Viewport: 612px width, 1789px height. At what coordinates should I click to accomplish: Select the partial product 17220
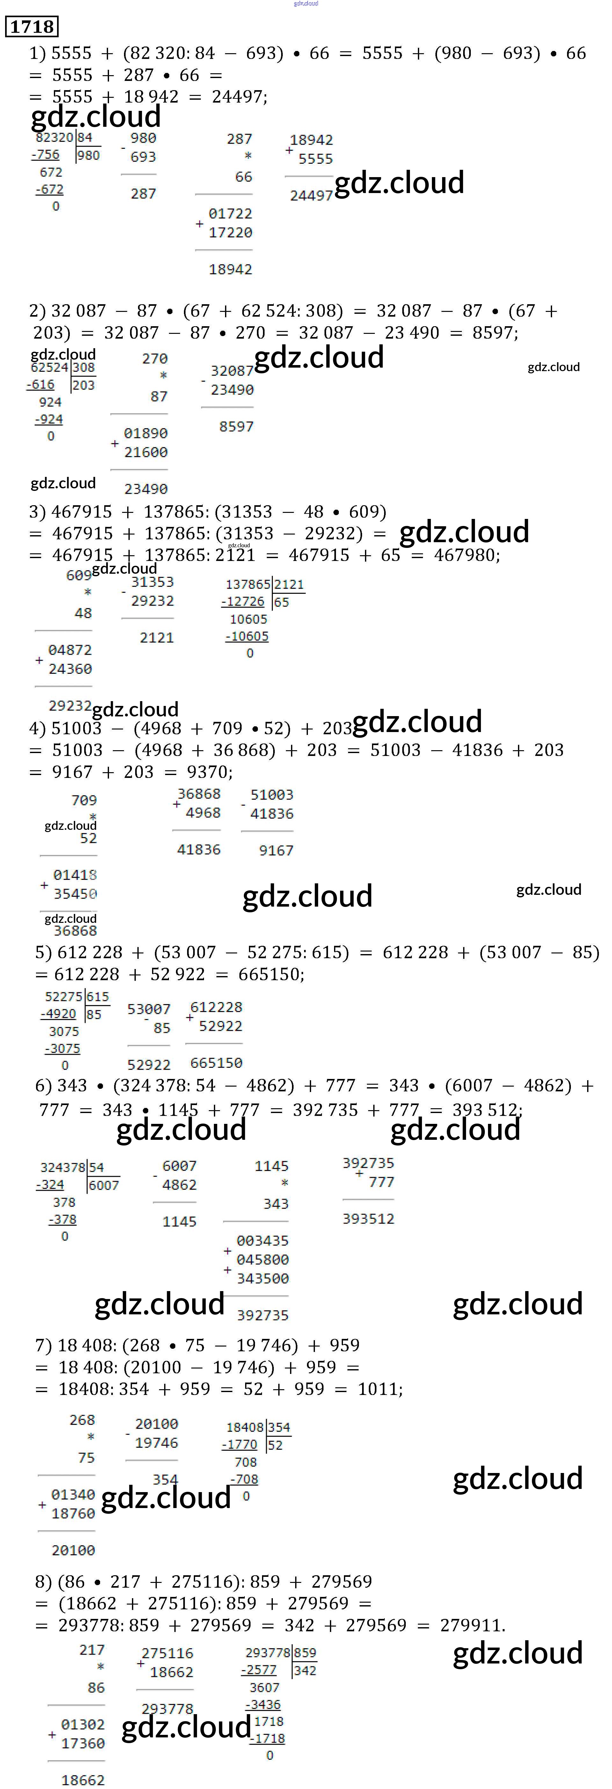pyautogui.click(x=230, y=233)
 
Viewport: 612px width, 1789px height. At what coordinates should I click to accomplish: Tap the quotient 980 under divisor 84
pyautogui.click(x=88, y=155)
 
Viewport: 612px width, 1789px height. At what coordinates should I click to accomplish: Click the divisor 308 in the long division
pyautogui.click(x=84, y=367)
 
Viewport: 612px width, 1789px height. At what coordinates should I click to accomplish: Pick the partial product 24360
pyautogui.click(x=69, y=669)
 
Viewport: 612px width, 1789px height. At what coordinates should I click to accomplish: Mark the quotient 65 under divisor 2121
pyautogui.click(x=281, y=602)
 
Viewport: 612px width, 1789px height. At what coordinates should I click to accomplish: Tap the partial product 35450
pyautogui.click(x=75, y=894)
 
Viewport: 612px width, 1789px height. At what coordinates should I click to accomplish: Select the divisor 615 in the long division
pyautogui.click(x=97, y=996)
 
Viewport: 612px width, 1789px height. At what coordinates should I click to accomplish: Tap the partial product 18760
pyautogui.click(x=73, y=1513)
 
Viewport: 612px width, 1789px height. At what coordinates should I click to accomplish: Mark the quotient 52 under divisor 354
pyautogui.click(x=275, y=1445)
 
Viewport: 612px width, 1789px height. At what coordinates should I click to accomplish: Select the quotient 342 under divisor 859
pyautogui.click(x=305, y=1670)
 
